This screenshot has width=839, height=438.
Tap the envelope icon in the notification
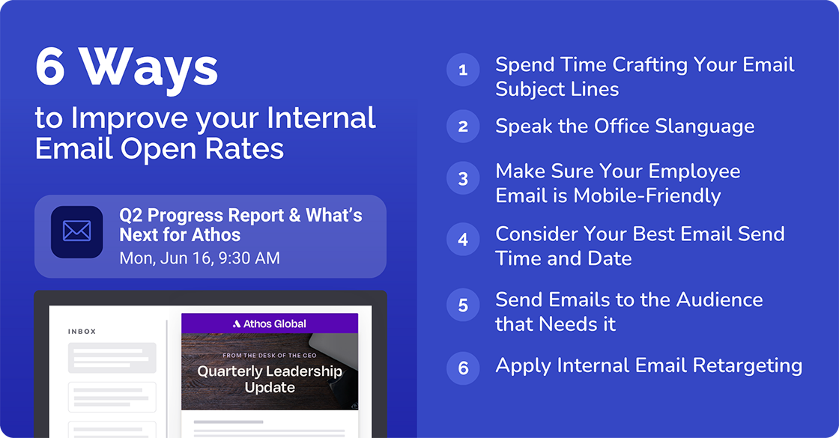(76, 232)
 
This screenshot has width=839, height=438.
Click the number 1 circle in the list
(463, 70)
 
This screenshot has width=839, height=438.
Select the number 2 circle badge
(463, 127)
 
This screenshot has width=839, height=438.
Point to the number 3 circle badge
(463, 179)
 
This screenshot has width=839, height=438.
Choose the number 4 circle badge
(463, 240)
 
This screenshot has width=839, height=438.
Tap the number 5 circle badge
(463, 305)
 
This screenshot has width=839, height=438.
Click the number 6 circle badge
(463, 368)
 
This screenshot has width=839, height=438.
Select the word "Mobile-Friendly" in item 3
(647, 195)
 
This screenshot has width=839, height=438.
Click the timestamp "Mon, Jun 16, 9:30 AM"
(199, 258)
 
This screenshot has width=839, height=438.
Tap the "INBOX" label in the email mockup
(82, 332)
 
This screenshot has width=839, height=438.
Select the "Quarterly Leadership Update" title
(270, 379)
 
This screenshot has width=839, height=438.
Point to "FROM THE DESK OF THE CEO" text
(270, 355)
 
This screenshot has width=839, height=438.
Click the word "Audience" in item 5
(719, 299)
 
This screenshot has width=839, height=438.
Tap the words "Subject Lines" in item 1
(557, 89)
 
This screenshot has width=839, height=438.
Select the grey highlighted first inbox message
(112, 358)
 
